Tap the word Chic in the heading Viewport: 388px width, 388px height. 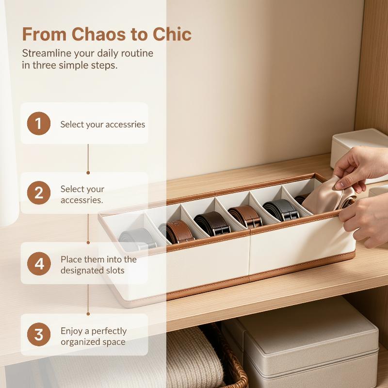pyautogui.click(x=172, y=34)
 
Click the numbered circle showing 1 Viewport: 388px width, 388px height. pyautogui.click(x=39, y=124)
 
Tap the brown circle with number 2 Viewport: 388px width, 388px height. pyautogui.click(x=39, y=193)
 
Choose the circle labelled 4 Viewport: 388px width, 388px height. pyautogui.click(x=39, y=263)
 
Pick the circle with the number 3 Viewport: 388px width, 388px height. pyautogui.click(x=39, y=334)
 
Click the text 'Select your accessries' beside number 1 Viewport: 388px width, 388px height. pyautogui.click(x=103, y=124)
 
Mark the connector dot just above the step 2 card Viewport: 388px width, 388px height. pyautogui.click(x=88, y=173)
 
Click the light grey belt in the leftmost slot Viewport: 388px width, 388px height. pyautogui.click(x=138, y=239)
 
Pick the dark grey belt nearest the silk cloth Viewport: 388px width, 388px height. pyautogui.click(x=281, y=210)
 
